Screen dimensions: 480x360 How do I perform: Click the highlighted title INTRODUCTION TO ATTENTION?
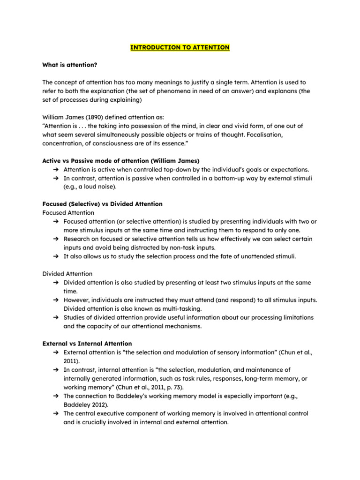[180, 47]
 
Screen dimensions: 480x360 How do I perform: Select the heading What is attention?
[70, 65]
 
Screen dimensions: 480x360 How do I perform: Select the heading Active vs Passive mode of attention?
[120, 161]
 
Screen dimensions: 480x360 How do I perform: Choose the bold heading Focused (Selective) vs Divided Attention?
[102, 204]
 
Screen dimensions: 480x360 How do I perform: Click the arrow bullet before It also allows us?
[55, 256]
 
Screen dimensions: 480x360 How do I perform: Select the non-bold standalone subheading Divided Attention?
[67, 274]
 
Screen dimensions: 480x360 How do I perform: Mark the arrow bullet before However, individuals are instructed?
[55, 300]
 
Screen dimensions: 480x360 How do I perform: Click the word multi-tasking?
[180, 308]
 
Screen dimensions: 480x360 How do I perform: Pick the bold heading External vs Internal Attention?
[87, 344]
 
